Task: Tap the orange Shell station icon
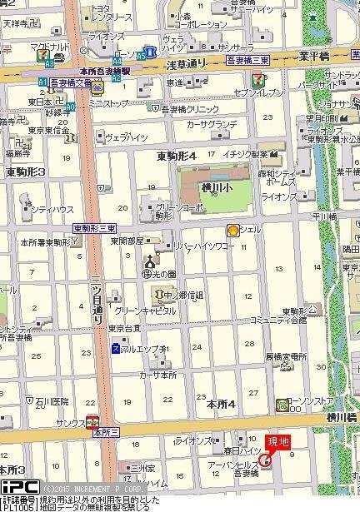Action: point(232,231)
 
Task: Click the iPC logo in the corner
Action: point(18,487)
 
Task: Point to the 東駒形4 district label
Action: point(176,156)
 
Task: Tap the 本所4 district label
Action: point(221,404)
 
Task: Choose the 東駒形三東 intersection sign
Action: point(94,228)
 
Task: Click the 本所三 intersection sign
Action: point(106,432)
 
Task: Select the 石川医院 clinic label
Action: point(51,401)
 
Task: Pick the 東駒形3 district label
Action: point(25,172)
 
